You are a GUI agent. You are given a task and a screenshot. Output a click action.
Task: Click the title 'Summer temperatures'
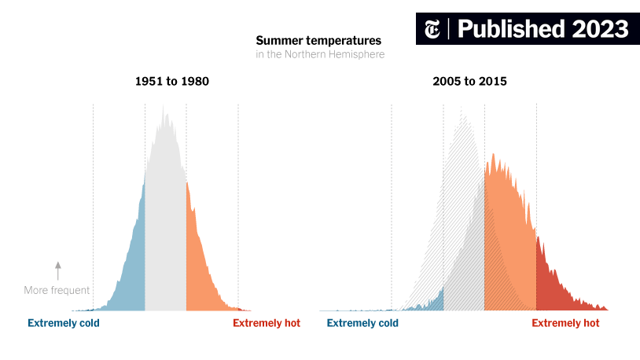tap(318, 40)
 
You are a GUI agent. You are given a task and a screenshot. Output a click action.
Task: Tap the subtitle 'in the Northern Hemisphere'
tap(320, 55)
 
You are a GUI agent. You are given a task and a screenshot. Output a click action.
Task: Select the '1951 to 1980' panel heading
tap(172, 82)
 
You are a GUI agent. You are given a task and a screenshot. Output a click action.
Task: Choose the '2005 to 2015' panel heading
tap(469, 82)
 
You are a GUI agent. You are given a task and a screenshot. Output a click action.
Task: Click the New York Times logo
tap(432, 29)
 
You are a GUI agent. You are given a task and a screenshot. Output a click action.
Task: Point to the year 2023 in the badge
tap(600, 29)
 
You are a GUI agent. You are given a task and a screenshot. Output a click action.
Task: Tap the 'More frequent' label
tap(57, 291)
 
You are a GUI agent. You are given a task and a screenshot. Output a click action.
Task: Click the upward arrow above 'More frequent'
tap(57, 270)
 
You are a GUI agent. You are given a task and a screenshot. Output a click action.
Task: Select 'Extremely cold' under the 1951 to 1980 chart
tap(64, 323)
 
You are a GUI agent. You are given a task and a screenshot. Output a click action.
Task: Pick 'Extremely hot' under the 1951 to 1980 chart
tap(267, 323)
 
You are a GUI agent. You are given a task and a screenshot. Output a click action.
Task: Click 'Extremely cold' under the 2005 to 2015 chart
tap(362, 323)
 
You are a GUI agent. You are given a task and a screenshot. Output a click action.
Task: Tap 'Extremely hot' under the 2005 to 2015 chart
tap(565, 323)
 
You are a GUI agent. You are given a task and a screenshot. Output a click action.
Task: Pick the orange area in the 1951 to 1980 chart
tap(198, 259)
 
